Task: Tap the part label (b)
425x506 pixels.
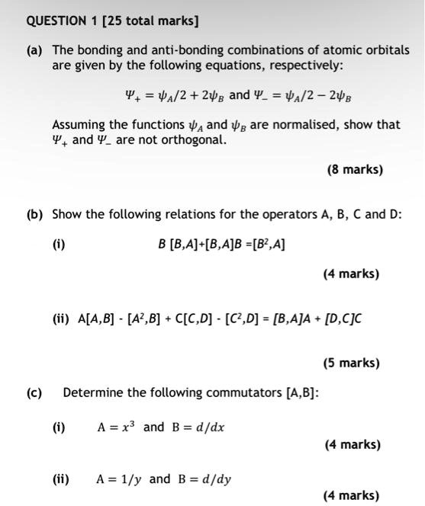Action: tap(34, 213)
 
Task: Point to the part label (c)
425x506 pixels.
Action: tap(34, 393)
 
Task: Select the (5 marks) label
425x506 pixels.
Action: tap(351, 363)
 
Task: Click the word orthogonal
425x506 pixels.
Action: tap(192, 140)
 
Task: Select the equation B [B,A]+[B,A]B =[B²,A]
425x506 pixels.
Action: tap(221, 245)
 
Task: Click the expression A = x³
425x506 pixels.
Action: tap(116, 427)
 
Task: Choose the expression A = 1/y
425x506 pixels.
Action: tap(119, 479)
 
